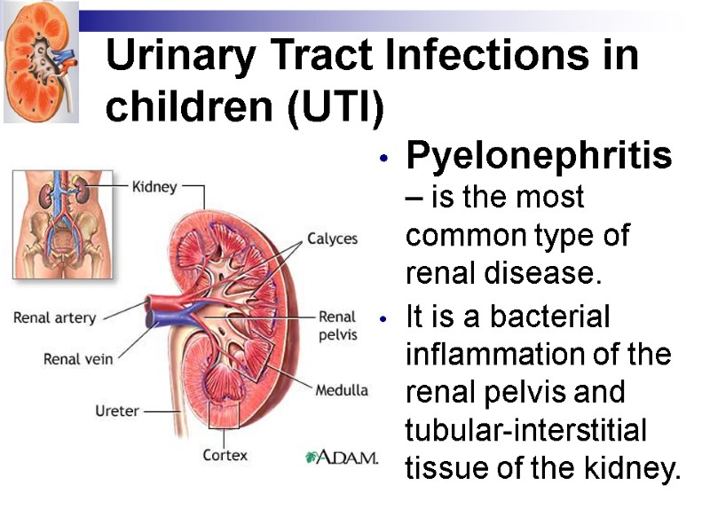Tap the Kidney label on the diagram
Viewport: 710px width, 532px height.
[154, 187]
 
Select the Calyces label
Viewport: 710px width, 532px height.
[332, 239]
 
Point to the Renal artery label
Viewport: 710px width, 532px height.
[54, 317]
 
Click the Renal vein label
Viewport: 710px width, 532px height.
[78, 359]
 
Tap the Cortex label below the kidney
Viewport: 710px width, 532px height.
[225, 455]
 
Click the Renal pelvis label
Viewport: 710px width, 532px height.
[337, 325]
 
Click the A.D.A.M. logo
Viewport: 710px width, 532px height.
[342, 458]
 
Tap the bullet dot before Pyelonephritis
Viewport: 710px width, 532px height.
[383, 160]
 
